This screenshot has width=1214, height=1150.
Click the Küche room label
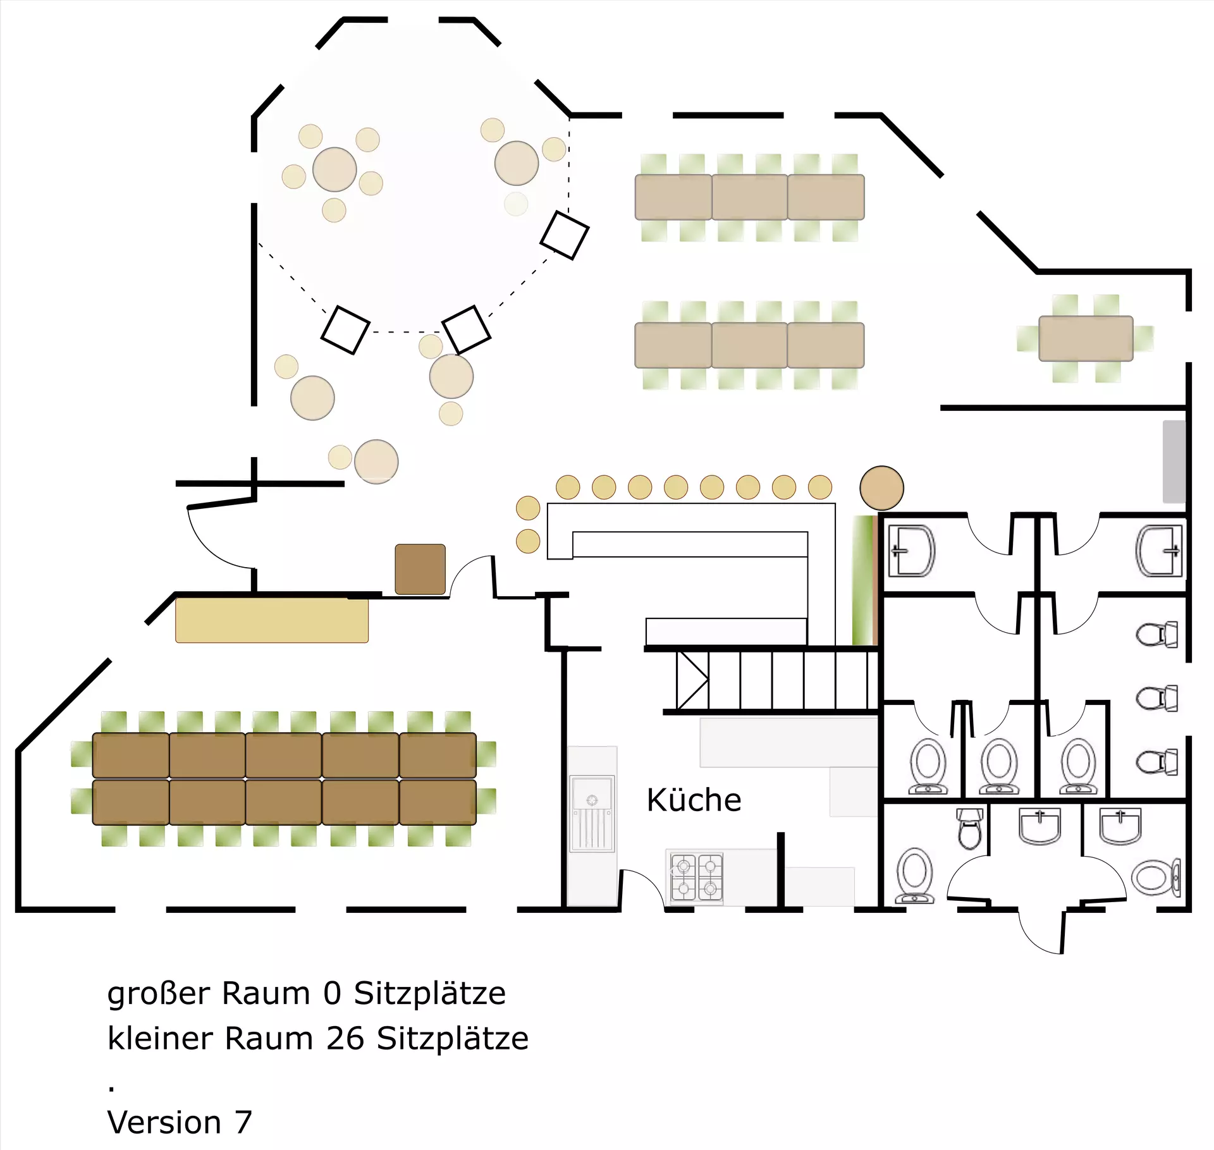coord(694,800)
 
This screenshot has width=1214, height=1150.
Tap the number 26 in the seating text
coord(345,1038)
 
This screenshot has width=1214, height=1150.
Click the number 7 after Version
coord(243,1122)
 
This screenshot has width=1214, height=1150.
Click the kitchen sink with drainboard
coord(592,814)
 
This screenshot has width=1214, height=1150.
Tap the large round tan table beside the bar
coord(881,488)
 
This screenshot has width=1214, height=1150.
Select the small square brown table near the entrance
coord(420,569)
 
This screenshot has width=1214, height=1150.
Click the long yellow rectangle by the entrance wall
coord(272,620)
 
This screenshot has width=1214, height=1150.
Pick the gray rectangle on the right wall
coord(1174,462)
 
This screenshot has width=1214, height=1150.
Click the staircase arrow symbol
coord(692,680)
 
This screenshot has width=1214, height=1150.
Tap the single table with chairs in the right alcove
coord(1086,338)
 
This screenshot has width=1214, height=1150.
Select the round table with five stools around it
coord(334,169)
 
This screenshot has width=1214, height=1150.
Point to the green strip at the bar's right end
coord(862,580)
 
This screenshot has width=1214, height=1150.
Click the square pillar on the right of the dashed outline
coord(565,235)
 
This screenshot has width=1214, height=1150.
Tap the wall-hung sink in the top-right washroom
coord(1160,551)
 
